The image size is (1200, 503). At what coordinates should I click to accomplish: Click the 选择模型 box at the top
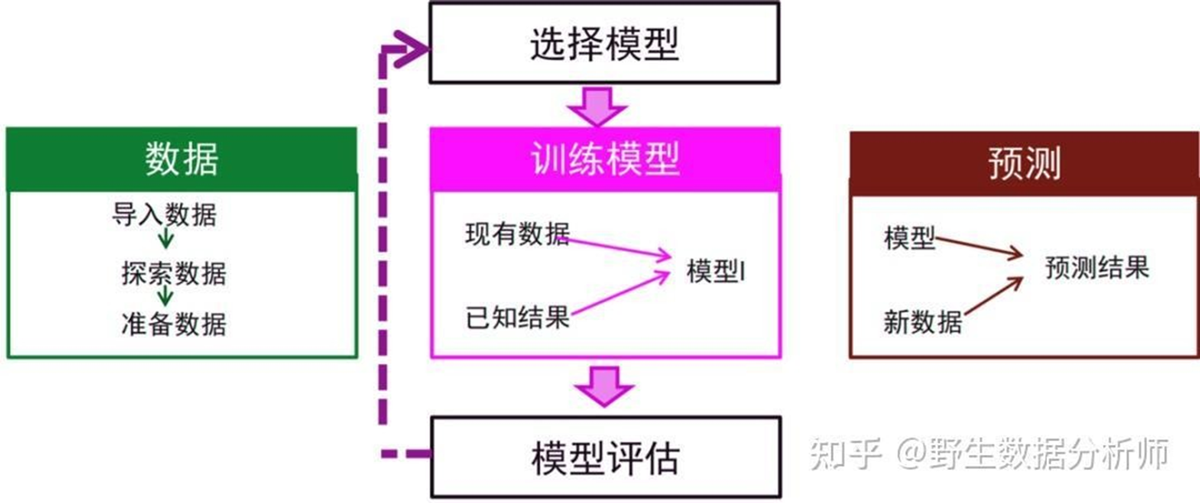[x=603, y=43]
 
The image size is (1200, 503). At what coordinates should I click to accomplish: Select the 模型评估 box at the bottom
[x=605, y=457]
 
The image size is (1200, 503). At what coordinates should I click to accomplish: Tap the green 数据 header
[x=182, y=159]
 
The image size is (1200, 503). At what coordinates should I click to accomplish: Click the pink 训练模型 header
[x=605, y=159]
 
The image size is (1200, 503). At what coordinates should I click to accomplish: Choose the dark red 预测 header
[x=1024, y=162]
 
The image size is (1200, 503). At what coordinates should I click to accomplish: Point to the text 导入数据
[x=164, y=215]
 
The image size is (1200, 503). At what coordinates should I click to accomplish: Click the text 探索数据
[x=173, y=273]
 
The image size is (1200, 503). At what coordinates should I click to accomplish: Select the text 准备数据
[x=173, y=323]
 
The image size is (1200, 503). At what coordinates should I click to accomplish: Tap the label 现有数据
[x=517, y=235]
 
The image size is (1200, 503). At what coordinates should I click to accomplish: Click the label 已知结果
[x=517, y=318]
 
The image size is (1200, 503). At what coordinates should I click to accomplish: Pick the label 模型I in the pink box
[x=716, y=272]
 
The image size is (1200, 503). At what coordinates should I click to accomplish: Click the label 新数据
[x=922, y=322]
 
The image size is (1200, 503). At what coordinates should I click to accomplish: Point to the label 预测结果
[x=1097, y=268]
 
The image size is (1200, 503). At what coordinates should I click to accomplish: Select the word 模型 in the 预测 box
[x=910, y=239]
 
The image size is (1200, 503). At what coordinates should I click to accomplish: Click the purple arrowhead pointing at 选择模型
[x=409, y=50]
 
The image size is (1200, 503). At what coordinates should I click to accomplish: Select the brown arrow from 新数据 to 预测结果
[x=993, y=298]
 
